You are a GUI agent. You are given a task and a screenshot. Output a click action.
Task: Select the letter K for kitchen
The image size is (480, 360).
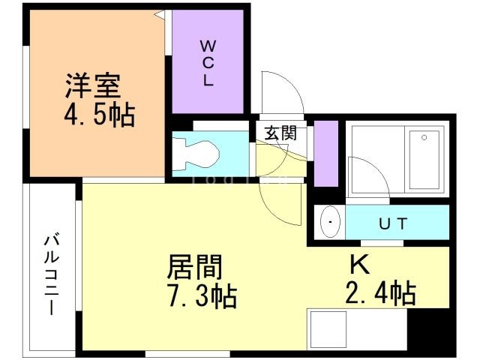358,265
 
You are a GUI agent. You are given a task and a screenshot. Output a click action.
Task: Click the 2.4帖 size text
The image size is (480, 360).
381,292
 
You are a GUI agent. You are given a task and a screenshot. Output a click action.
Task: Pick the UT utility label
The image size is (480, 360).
393,223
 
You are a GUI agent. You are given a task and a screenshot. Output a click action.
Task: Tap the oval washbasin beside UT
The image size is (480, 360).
330,223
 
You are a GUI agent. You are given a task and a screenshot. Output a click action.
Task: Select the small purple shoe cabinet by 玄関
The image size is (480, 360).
326,152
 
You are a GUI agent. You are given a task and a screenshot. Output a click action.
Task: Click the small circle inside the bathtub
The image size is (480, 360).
424,137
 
